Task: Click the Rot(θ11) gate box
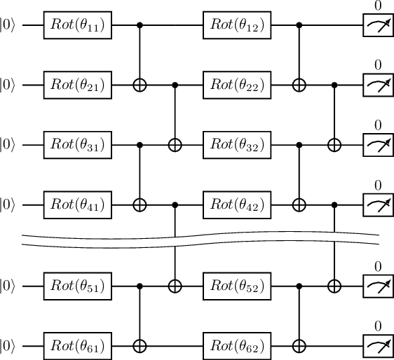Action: (77, 26)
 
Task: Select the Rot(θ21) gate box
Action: (77, 85)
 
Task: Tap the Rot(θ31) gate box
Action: (77, 145)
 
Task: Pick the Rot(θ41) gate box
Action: (77, 205)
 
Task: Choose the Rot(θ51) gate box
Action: (77, 286)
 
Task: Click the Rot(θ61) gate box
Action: (77, 345)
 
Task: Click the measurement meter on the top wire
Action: (377, 26)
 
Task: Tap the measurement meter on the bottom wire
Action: (377, 345)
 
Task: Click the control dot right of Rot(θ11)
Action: (140, 26)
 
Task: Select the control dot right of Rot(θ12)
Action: (300, 26)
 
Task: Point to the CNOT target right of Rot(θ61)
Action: (140, 345)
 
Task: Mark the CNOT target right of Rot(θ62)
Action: (300, 345)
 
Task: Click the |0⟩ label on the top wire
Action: (9, 26)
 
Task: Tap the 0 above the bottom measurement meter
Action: (377, 326)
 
